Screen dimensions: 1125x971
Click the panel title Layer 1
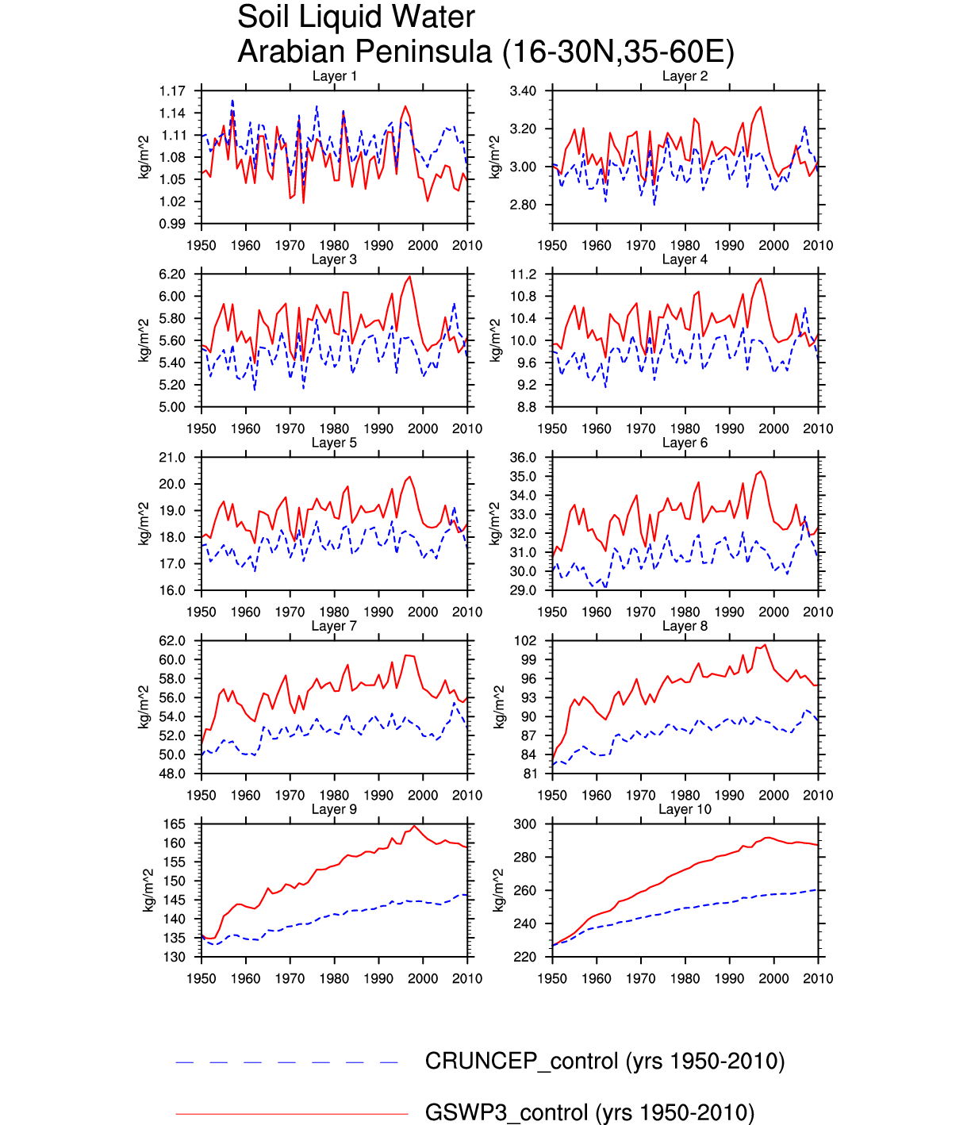click(x=334, y=76)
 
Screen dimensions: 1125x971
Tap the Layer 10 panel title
click(x=685, y=809)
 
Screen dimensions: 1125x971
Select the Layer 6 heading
click(x=685, y=443)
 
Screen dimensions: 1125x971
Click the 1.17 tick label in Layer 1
click(x=172, y=91)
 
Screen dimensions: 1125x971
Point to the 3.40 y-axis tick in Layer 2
click(x=523, y=91)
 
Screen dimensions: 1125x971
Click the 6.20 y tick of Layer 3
click(x=172, y=275)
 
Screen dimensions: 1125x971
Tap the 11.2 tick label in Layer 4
click(x=523, y=275)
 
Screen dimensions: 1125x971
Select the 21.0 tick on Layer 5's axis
click(x=172, y=458)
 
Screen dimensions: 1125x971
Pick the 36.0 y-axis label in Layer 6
click(x=523, y=458)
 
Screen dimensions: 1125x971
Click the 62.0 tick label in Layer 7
click(x=172, y=641)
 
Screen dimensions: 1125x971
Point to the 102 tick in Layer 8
click(x=526, y=641)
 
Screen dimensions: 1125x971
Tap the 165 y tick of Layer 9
click(x=175, y=824)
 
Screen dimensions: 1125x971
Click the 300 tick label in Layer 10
click(x=525, y=824)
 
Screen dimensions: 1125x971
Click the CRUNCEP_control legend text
click(x=604, y=1062)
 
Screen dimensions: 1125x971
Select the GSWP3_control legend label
click(x=589, y=1112)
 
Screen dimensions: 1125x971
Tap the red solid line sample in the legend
click(x=291, y=1114)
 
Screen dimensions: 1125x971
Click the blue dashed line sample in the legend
click(x=287, y=1062)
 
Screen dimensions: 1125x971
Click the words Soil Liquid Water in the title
click(x=356, y=17)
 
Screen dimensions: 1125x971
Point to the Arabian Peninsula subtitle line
click(x=485, y=52)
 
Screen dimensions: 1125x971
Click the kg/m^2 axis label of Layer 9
click(x=147, y=890)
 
